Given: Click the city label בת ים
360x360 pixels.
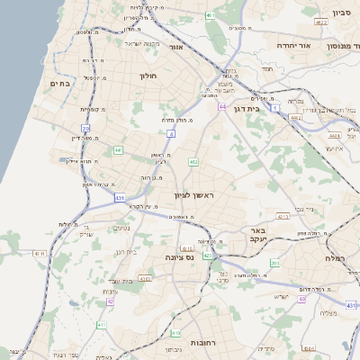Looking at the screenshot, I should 59,84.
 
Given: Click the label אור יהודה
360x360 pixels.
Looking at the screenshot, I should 292,45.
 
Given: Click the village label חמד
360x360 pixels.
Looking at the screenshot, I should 267,67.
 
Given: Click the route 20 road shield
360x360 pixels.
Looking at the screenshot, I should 85,129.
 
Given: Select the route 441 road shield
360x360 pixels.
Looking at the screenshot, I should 118,150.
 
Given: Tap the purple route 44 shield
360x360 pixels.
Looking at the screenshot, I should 221,106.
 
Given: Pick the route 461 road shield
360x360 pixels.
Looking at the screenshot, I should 210,15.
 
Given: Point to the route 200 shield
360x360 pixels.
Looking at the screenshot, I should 274,263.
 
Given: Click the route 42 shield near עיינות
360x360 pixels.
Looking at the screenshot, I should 111,301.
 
